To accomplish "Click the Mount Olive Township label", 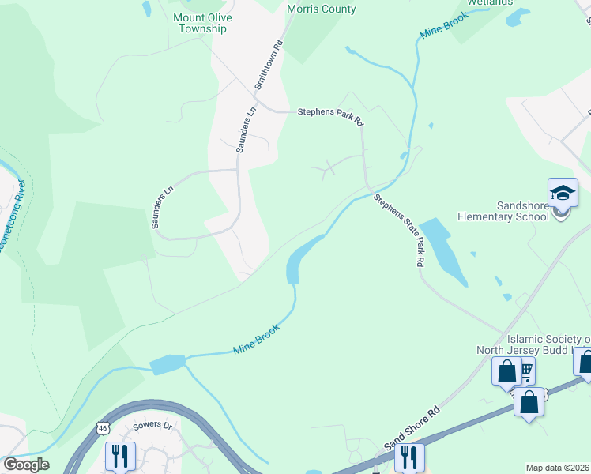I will pyautogui.click(x=200, y=23).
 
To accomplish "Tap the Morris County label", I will pyautogui.click(x=322, y=9).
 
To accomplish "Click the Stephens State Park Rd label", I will pyautogui.click(x=401, y=230).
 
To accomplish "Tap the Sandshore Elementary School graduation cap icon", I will pyautogui.click(x=563, y=194).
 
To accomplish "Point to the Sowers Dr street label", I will pyautogui.click(x=152, y=426).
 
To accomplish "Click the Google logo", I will pyautogui.click(x=25, y=464).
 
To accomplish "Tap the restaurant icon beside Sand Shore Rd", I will pyautogui.click(x=408, y=457).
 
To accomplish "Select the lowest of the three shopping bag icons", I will pyautogui.click(x=529, y=401).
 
